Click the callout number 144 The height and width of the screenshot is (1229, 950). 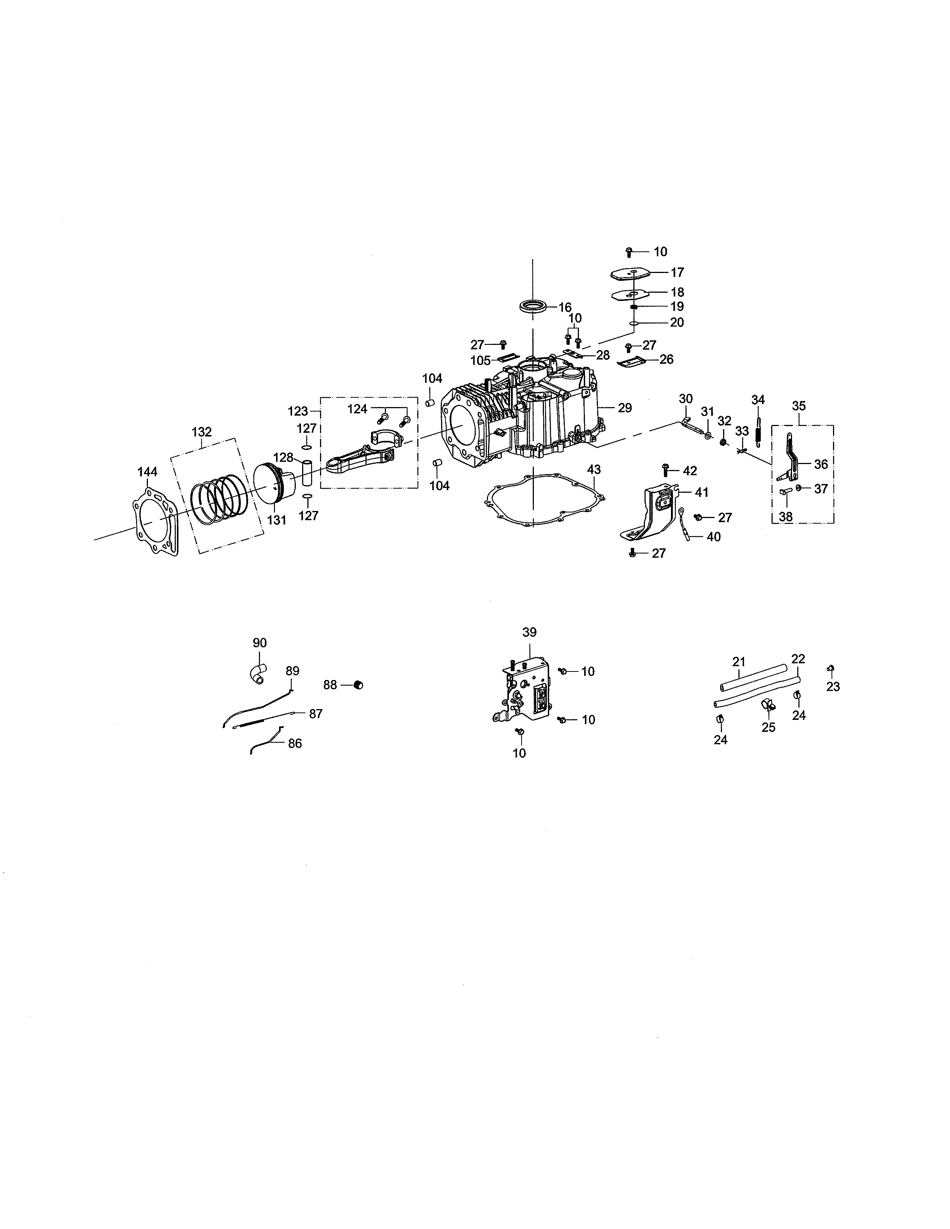click(x=148, y=471)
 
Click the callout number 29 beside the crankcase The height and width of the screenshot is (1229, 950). click(x=625, y=408)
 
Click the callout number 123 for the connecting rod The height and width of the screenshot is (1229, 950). click(x=298, y=412)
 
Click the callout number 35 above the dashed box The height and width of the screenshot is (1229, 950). click(x=799, y=406)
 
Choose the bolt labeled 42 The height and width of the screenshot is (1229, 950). click(x=666, y=470)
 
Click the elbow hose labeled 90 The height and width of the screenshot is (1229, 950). click(x=257, y=674)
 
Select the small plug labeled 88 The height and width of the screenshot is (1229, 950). click(x=358, y=685)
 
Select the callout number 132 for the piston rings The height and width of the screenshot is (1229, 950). click(x=202, y=432)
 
